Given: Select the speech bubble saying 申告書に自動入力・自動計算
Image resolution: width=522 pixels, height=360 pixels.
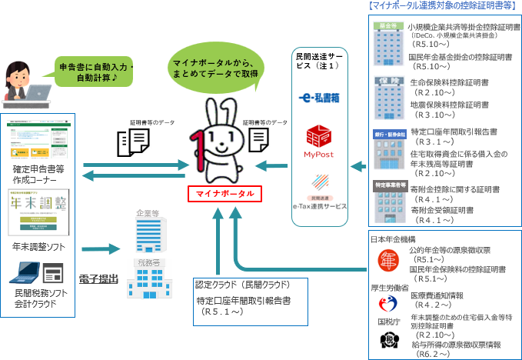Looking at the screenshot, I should [96, 72].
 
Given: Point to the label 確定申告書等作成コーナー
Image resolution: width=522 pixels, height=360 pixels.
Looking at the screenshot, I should [38, 174].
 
